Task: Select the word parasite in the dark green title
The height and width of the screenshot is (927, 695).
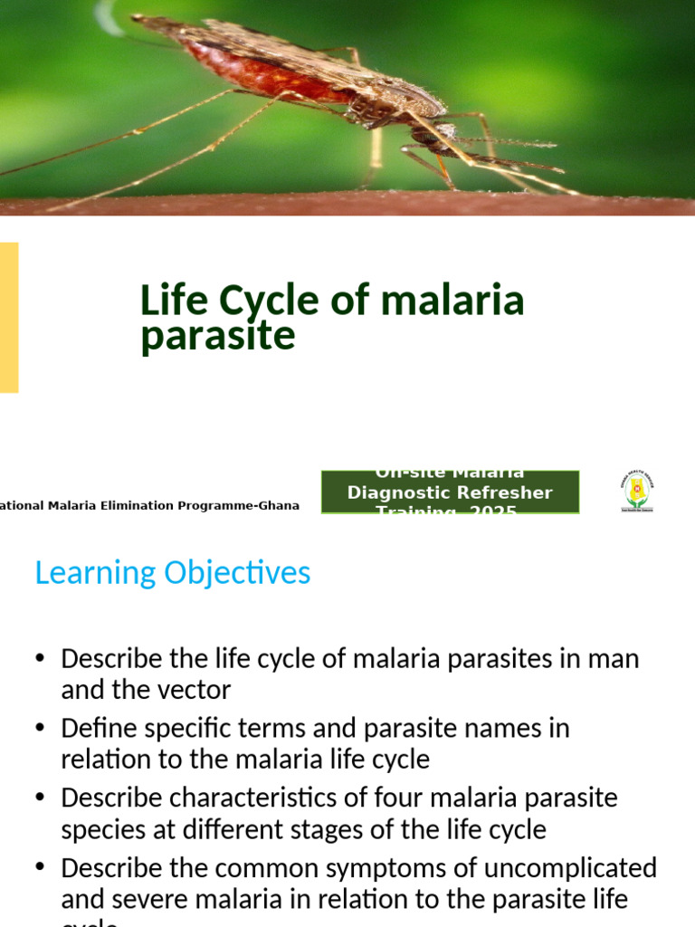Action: pos(218,335)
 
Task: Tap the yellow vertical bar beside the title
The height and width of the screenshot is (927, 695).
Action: pos(8,317)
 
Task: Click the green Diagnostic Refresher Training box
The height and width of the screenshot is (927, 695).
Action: pos(450,492)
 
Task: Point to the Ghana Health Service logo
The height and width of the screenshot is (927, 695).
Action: pos(636,492)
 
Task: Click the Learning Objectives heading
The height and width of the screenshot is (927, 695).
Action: pos(172,572)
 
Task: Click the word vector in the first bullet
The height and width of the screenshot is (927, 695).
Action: pos(191,690)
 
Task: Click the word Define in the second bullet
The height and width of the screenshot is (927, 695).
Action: pos(92,728)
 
